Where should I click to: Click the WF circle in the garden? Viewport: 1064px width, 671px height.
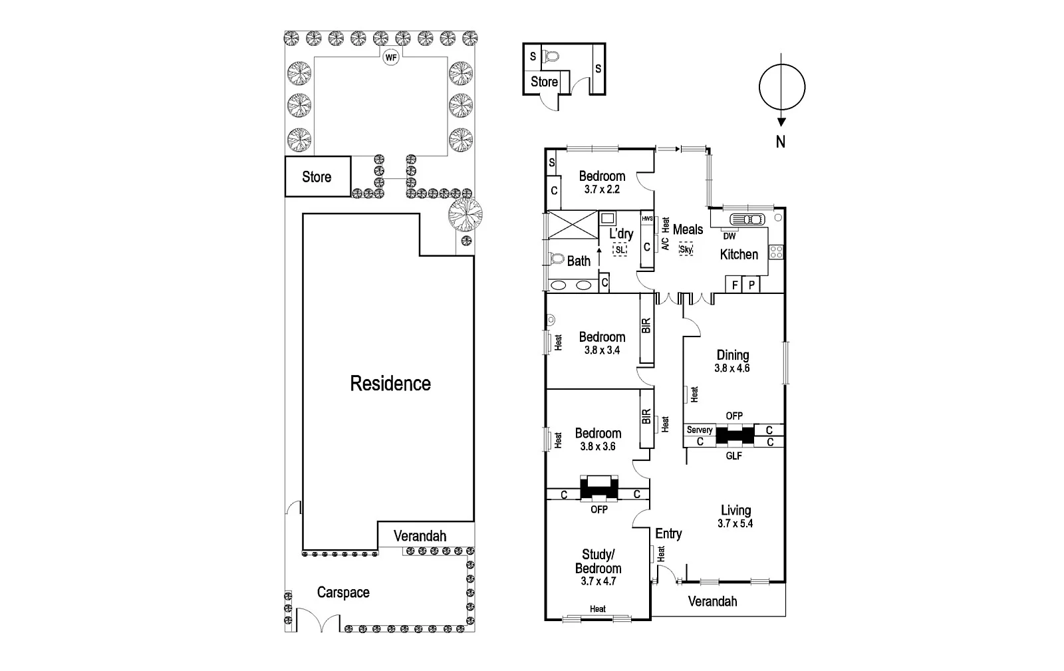[391, 58]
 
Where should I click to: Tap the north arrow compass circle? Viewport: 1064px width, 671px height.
[782, 87]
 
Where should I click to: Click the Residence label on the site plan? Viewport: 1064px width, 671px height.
[390, 384]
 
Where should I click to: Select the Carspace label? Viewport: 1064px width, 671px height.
[343, 593]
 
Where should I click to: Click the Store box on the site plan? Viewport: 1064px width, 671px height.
[317, 177]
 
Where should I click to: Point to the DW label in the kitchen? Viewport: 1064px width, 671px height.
[730, 236]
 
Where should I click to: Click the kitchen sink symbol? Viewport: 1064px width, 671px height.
[747, 219]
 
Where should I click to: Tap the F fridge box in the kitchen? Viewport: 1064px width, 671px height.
[735, 285]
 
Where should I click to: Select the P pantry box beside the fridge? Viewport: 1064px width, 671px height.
[751, 285]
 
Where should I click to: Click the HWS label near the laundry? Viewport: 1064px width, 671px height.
[647, 218]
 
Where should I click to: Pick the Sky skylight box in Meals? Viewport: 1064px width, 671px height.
[686, 249]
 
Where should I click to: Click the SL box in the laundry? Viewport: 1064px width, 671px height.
[620, 249]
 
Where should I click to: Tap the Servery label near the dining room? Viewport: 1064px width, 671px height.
[700, 430]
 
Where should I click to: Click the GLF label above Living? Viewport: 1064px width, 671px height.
[733, 456]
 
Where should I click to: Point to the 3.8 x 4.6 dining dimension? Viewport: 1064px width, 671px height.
[732, 368]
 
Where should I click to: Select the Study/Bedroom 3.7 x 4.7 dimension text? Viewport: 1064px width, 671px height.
[598, 581]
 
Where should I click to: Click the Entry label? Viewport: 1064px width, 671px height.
[668, 534]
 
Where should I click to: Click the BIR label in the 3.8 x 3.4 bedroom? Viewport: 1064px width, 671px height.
[646, 325]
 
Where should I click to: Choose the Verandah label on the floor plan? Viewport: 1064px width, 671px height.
[712, 602]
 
